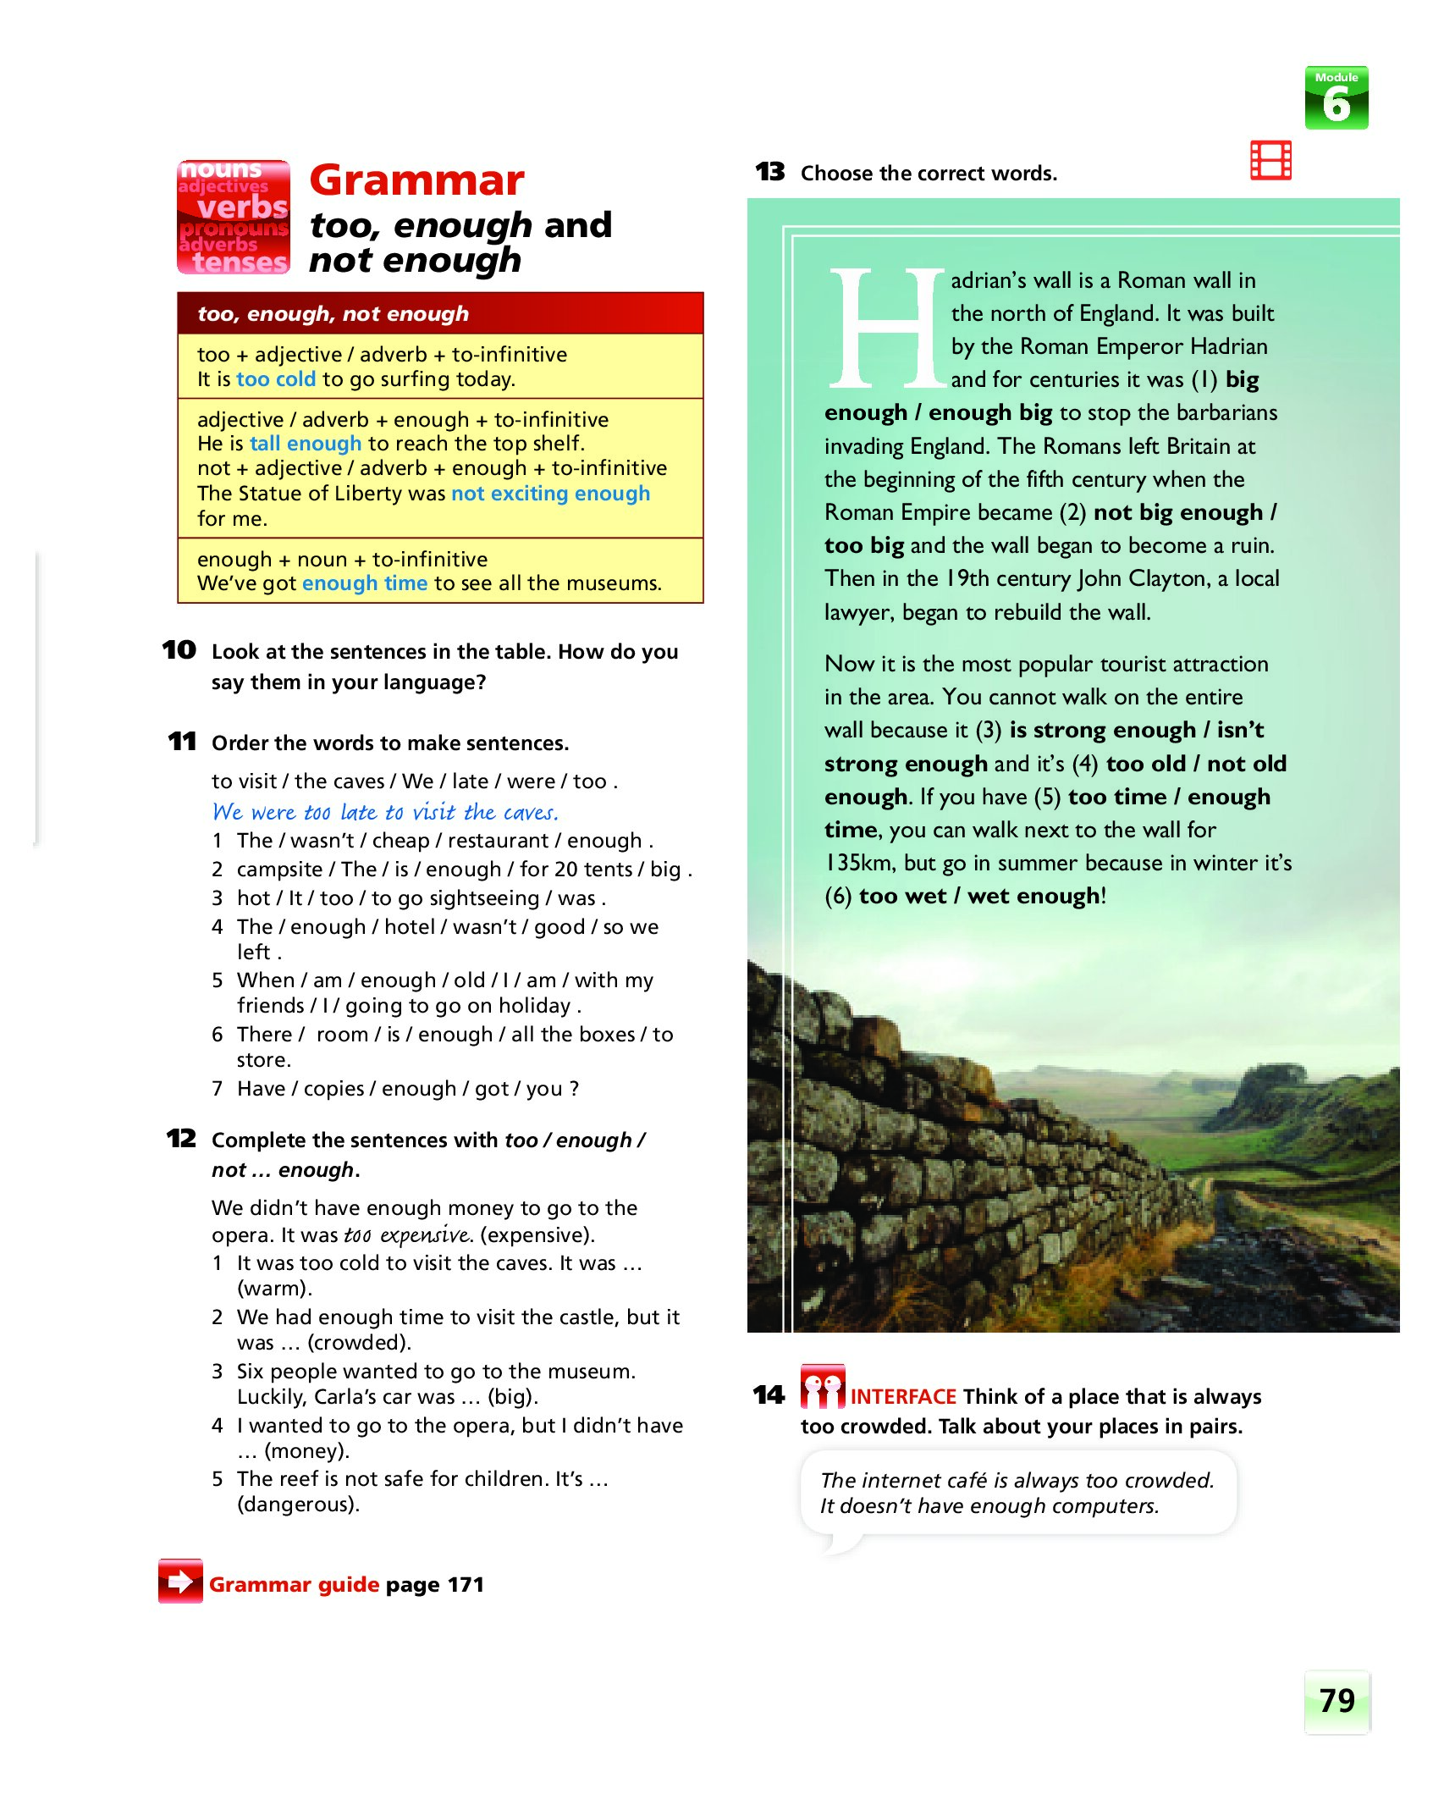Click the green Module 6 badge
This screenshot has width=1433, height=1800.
point(1336,98)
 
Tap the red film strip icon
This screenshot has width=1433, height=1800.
point(1270,160)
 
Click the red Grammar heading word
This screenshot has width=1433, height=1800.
point(416,180)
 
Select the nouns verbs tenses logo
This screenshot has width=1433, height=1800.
point(234,217)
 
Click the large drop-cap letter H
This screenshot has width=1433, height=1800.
point(886,329)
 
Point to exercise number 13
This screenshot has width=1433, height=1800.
point(769,172)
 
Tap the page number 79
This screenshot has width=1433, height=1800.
point(1337,1700)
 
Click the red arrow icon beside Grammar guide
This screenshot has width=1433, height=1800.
point(180,1581)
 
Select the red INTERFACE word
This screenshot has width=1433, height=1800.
point(903,1396)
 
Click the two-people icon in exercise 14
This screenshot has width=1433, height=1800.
point(822,1387)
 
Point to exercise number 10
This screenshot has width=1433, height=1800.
point(179,650)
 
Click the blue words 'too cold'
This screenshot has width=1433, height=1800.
point(276,379)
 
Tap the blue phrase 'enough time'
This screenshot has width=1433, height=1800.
point(365,583)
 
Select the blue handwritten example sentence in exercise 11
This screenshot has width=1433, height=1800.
point(385,812)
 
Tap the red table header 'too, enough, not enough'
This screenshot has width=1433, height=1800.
point(333,314)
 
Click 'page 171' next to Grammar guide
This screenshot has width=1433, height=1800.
point(434,1584)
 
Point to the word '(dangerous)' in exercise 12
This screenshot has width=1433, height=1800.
point(298,1505)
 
